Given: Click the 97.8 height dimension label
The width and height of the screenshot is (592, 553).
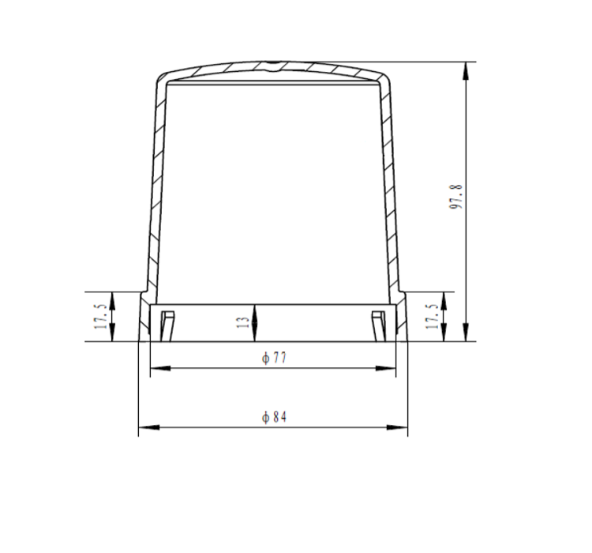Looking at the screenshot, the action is tap(456, 197).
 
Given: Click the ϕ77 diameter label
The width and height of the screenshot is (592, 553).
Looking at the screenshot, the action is tap(274, 358).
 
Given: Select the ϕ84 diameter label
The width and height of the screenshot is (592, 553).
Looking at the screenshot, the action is tap(274, 417).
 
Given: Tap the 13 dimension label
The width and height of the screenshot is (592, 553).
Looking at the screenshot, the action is tap(243, 322).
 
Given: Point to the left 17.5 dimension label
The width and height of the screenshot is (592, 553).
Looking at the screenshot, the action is tap(101, 316).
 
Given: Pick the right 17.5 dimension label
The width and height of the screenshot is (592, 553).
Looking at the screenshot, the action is tap(433, 316).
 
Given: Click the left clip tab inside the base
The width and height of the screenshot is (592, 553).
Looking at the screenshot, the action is tap(167, 325).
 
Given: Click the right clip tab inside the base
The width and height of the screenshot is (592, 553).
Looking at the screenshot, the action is tap(379, 325).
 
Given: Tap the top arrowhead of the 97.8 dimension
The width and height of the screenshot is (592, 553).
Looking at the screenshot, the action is tap(466, 70).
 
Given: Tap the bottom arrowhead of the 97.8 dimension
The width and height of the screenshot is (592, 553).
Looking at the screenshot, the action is tap(466, 333).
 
